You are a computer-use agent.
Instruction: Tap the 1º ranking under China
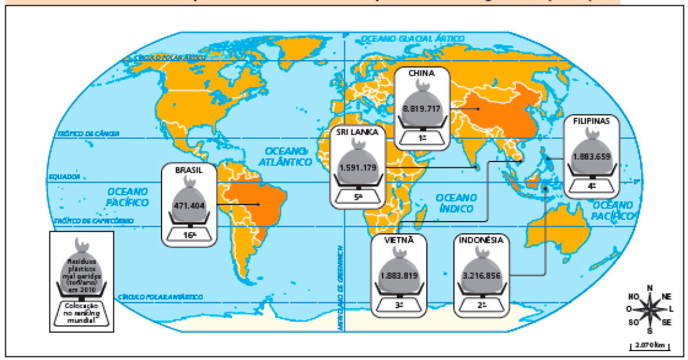pos(422,138)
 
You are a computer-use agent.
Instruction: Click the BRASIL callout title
pos(189,170)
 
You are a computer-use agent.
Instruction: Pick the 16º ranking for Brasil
pos(189,235)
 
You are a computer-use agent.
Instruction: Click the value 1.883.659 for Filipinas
pos(591,157)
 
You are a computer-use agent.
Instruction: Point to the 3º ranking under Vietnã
pos(399,305)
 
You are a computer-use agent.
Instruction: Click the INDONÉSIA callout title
pos(481,240)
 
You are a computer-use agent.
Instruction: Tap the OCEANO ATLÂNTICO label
pos(288,156)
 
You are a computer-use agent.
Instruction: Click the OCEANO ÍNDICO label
pos(456,202)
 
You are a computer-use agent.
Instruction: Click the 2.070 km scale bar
pos(651,345)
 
